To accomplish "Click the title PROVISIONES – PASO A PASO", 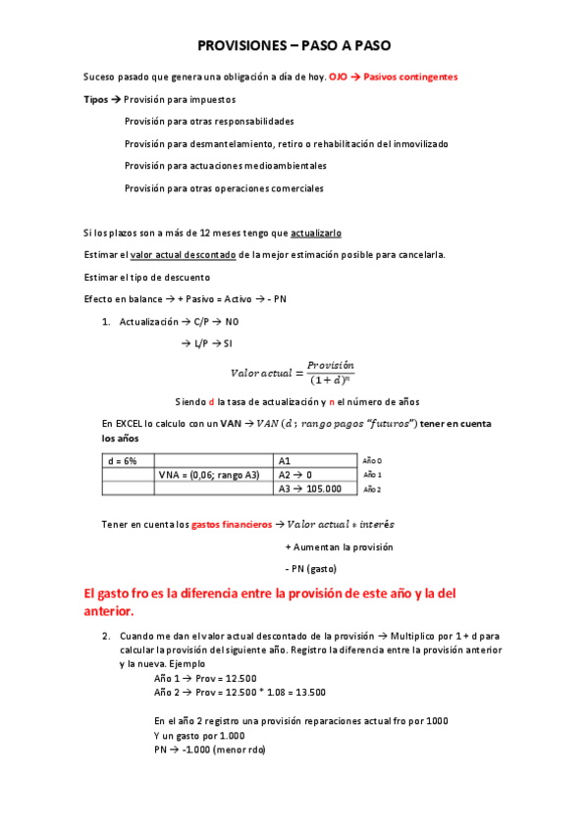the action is coord(294,45).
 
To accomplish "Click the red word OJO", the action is coord(338,77).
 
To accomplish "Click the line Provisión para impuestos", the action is coord(180,99).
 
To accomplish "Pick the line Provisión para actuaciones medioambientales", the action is coord(226,166).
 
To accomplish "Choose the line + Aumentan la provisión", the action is coord(339,546).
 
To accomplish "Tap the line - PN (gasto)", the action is coord(310,569).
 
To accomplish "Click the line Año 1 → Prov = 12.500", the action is coord(205,678).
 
